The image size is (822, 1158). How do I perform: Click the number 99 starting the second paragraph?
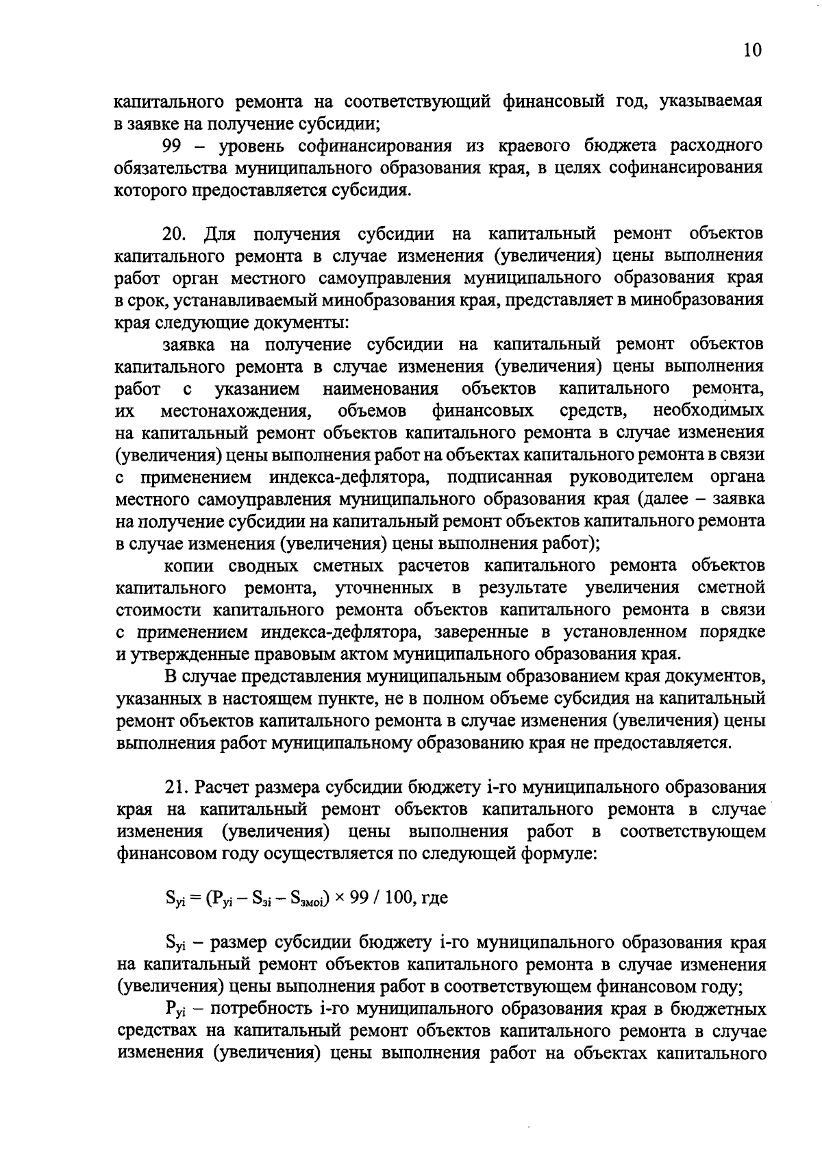click(x=173, y=146)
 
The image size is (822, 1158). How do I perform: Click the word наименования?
click(x=380, y=389)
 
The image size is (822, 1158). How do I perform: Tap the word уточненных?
click(x=384, y=588)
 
